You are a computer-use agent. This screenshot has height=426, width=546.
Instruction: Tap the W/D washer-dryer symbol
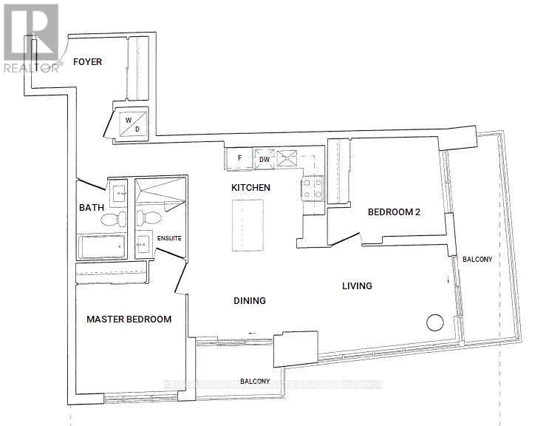(x=132, y=124)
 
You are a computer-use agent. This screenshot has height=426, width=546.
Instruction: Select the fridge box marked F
(x=239, y=158)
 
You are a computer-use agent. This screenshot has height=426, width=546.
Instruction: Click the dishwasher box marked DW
(x=264, y=159)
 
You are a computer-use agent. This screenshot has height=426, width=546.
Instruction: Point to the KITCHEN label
(x=250, y=187)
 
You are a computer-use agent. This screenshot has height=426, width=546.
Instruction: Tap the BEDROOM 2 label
(x=394, y=212)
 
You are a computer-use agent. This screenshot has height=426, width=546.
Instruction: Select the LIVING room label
(x=356, y=285)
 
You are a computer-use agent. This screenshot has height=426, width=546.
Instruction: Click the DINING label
(x=249, y=300)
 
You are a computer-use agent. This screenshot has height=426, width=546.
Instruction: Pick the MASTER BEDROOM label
(x=129, y=319)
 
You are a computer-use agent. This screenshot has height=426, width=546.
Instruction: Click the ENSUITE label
(x=168, y=237)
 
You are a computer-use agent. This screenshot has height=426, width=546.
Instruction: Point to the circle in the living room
(x=434, y=322)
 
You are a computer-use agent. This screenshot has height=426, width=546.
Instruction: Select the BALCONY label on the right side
(x=477, y=260)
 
